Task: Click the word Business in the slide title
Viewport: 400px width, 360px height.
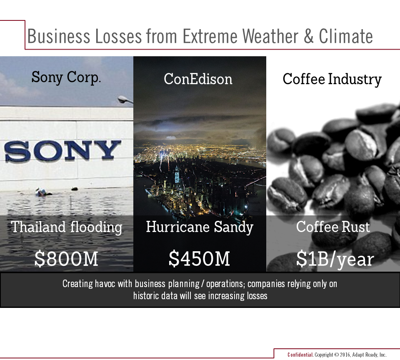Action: (59, 36)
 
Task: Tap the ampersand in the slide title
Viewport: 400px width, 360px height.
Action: (308, 36)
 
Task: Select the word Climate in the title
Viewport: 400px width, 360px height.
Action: (346, 36)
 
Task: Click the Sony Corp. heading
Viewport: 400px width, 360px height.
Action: (66, 77)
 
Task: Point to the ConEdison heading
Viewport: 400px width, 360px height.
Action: (198, 79)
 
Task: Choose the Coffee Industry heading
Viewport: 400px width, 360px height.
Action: (332, 79)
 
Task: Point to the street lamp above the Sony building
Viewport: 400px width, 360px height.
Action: (125, 100)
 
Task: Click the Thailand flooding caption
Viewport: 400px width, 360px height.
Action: (67, 227)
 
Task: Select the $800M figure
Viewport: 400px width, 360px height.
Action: (66, 259)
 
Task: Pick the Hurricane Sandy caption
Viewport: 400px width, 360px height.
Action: (200, 227)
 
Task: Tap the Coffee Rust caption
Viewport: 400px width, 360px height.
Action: (333, 227)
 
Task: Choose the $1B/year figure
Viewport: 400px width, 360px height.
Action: (335, 259)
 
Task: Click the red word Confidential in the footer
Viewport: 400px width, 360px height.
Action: (300, 355)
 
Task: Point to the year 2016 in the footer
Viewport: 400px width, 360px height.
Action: (345, 355)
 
